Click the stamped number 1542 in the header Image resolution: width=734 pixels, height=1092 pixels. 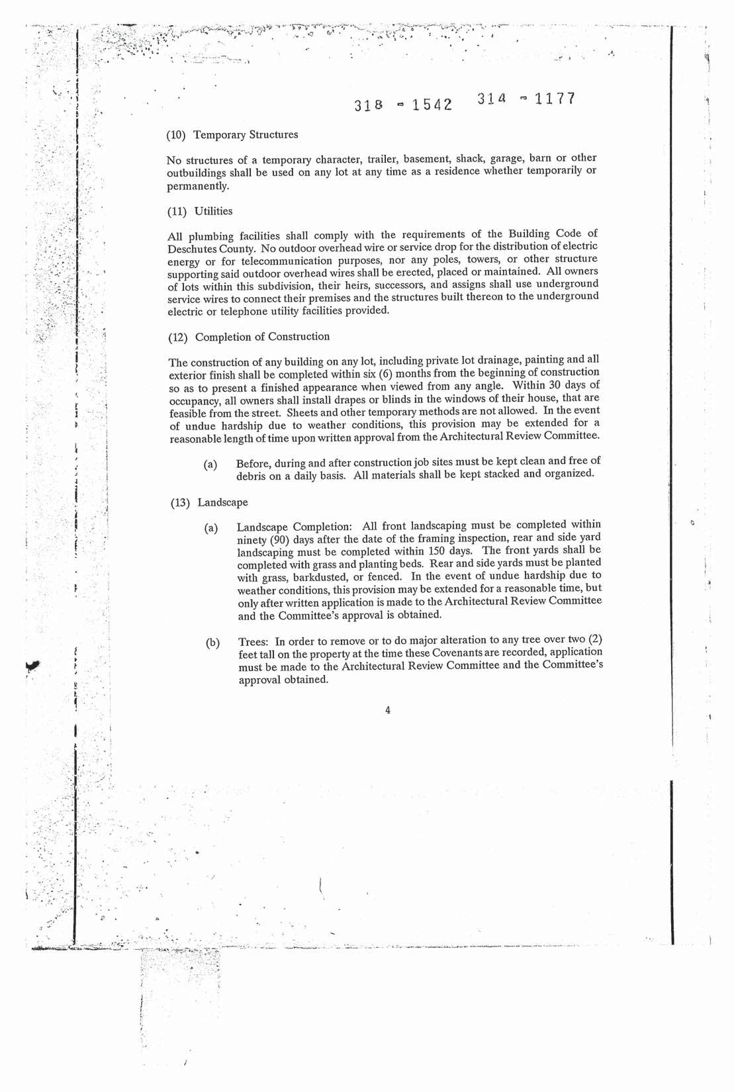tap(428, 105)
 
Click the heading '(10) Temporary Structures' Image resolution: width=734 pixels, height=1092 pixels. tap(232, 135)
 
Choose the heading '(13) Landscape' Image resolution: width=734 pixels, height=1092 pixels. tap(209, 502)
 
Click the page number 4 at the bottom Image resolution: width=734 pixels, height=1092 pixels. tap(387, 710)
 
